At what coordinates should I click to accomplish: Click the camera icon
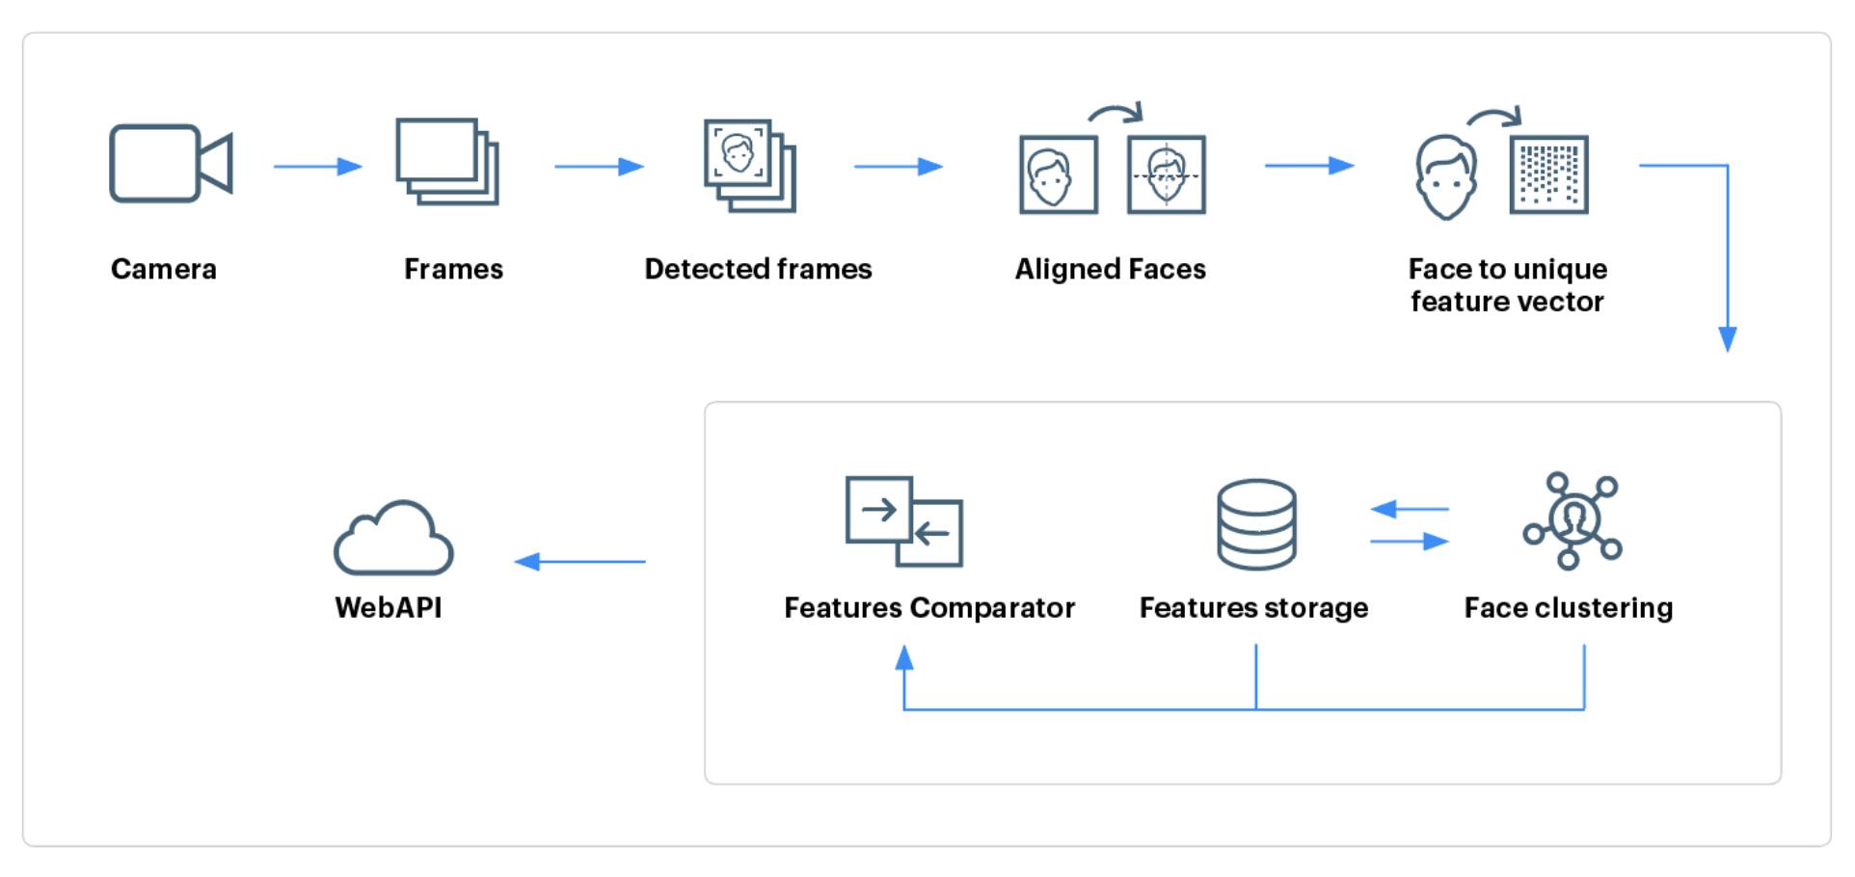170,164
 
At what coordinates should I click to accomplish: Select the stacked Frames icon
446,162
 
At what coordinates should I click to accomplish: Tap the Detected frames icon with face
749,165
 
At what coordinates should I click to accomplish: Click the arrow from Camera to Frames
317,167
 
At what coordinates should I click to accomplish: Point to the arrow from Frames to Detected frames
599,167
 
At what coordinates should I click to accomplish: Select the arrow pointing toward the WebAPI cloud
579,561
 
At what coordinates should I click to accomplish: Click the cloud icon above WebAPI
393,540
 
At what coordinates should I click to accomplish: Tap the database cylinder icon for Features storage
1256,524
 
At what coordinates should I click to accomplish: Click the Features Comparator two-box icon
904,521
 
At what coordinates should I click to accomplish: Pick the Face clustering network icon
1573,520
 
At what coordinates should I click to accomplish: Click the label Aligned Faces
1110,269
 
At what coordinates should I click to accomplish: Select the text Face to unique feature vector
1507,285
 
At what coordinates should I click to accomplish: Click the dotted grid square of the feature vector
1548,174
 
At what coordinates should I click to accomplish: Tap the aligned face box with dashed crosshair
1167,174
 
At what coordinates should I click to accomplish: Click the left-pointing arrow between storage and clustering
1409,509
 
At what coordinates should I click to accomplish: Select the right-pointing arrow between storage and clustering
1411,542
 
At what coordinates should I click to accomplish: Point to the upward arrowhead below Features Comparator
903,658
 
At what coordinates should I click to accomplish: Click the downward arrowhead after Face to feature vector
1728,338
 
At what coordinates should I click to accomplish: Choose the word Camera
164,269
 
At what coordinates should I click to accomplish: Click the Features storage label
1253,608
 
